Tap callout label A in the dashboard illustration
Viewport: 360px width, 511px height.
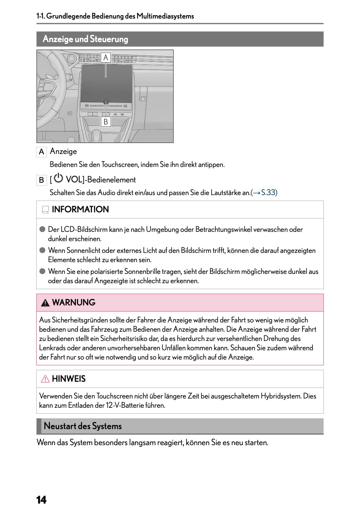click(106, 57)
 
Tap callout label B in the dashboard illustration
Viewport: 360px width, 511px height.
click(106, 122)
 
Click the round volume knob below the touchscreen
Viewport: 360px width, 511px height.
click(106, 102)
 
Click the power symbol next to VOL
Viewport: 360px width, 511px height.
click(58, 178)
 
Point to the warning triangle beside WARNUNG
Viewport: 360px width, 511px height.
click(45, 303)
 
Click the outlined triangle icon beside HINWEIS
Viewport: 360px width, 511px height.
click(45, 379)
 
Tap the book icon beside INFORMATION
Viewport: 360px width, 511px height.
click(45, 210)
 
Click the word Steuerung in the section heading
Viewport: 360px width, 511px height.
click(109, 39)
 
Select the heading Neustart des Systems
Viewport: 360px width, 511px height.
click(83, 426)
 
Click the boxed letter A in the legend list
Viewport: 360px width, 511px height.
click(41, 152)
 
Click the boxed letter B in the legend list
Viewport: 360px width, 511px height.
click(41, 180)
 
